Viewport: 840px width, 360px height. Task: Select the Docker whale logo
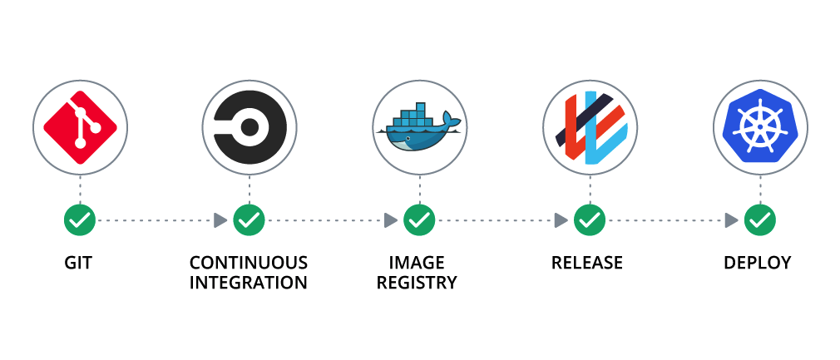click(419, 128)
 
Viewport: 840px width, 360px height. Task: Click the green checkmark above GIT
click(80, 220)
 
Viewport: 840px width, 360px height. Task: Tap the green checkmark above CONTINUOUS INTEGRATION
click(249, 220)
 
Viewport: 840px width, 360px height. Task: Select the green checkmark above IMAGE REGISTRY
click(419, 220)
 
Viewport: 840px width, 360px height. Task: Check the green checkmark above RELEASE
click(590, 220)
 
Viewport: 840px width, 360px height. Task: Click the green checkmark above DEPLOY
click(759, 220)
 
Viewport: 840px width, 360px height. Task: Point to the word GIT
click(78, 264)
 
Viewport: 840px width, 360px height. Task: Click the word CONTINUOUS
click(249, 264)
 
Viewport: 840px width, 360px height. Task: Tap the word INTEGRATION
click(249, 283)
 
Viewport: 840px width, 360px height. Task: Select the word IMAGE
click(417, 264)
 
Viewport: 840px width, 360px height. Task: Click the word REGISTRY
click(417, 283)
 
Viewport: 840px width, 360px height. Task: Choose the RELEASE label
click(587, 264)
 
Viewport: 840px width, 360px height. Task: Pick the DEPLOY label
click(758, 264)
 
